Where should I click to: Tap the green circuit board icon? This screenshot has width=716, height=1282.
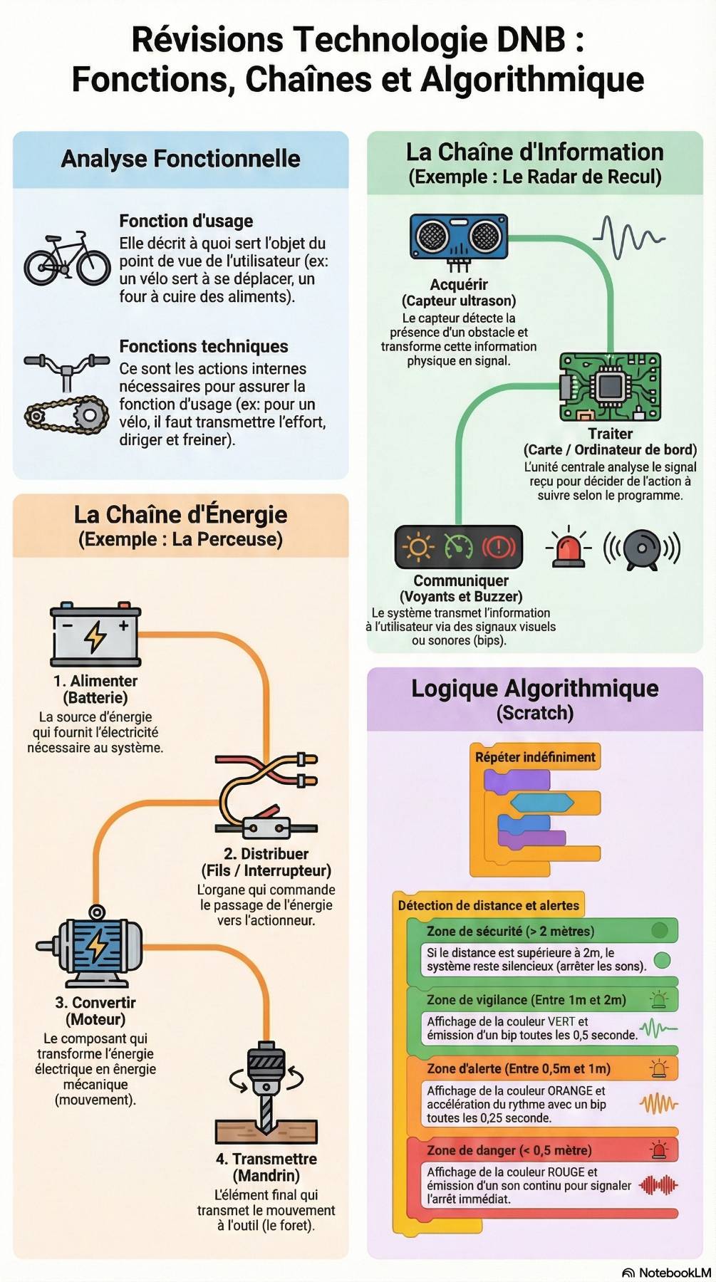[x=610, y=387]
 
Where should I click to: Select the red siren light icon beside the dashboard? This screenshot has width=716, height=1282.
[x=568, y=547]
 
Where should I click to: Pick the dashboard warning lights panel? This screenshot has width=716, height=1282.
[x=458, y=547]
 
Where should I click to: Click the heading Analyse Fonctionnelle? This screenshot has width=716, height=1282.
[x=180, y=159]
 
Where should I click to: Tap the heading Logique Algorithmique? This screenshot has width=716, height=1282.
[x=534, y=689]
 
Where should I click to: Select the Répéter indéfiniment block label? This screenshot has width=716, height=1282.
[x=535, y=757]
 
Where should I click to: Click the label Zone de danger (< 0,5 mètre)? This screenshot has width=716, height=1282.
[x=509, y=1150]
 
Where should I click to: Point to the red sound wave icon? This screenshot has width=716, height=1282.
[x=658, y=1186]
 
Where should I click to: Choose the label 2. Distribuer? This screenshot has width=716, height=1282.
[x=266, y=854]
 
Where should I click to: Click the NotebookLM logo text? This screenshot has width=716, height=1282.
[x=674, y=1273]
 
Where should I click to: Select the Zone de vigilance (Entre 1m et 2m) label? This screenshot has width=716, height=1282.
[x=526, y=1000]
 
